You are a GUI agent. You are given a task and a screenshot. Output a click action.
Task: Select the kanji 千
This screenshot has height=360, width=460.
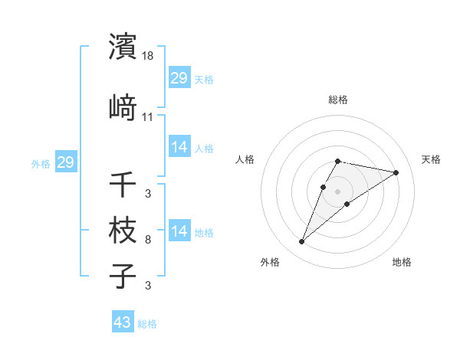click(x=123, y=184)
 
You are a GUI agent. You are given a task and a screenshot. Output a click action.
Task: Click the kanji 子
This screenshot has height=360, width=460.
click(x=123, y=276)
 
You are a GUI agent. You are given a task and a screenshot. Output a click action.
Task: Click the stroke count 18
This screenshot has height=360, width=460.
click(x=149, y=57)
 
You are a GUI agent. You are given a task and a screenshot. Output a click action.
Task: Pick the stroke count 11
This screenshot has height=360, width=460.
click(x=148, y=117)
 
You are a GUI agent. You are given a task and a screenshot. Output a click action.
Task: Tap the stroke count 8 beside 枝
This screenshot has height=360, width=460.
click(x=148, y=241)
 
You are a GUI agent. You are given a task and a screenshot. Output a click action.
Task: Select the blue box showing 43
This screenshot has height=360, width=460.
click(x=123, y=322)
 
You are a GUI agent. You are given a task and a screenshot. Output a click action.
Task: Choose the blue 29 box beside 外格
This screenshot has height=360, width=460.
click(x=65, y=162)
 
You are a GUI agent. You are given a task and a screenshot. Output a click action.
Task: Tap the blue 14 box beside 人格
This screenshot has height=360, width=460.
click(x=179, y=147)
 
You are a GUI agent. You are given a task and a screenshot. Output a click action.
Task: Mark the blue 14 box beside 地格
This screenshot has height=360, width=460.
click(x=179, y=231)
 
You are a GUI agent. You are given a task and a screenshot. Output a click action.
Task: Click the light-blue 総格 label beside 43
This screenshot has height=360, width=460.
click(x=148, y=324)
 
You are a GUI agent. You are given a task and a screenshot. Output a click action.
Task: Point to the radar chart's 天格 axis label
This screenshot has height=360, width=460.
click(x=432, y=159)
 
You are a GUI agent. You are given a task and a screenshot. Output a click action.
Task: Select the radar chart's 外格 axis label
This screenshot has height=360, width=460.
click(x=270, y=262)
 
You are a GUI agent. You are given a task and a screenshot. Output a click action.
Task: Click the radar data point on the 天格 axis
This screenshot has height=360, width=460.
click(x=396, y=172)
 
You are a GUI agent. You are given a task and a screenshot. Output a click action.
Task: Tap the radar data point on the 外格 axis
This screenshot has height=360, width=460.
click(x=302, y=242)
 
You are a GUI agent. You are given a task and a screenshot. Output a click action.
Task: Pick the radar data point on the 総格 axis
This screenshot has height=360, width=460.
click(x=338, y=162)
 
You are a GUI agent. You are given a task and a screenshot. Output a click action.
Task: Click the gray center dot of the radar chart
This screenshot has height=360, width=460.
click(x=338, y=191)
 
